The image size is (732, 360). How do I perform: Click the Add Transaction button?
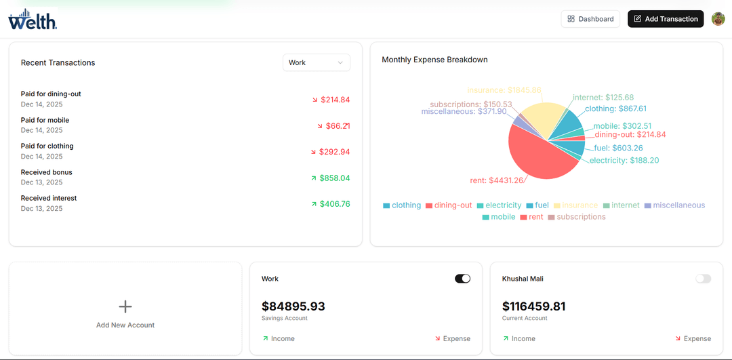point(666,19)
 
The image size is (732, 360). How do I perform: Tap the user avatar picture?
point(718,19)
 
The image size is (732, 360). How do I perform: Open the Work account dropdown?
point(316,62)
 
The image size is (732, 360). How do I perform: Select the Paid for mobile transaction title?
point(45,120)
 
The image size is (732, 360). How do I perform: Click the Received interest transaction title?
point(49,198)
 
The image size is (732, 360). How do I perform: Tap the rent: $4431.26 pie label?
point(496,180)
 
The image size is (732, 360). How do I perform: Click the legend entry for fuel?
point(537,205)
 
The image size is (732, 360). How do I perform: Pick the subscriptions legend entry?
point(576,217)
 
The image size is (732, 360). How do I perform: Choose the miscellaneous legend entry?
point(674,205)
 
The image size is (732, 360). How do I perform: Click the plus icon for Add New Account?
point(125,306)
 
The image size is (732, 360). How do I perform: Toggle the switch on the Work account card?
point(462,279)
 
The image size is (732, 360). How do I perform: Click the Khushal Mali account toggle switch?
point(703,279)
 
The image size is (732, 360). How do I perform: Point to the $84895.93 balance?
point(293,306)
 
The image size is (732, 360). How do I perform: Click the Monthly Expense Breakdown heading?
point(434,60)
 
